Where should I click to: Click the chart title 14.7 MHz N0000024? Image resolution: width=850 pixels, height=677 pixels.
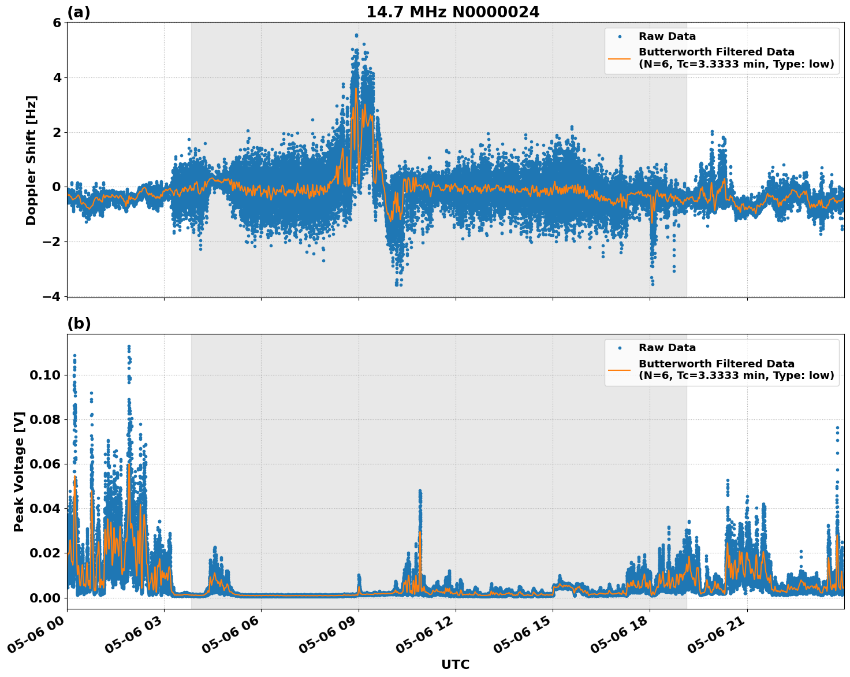pyautogui.click(x=453, y=12)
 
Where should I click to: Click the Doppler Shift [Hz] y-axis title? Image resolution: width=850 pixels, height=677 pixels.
pyautogui.click(x=31, y=160)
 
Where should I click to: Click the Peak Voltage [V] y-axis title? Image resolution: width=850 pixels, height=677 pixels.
pyautogui.click(x=19, y=471)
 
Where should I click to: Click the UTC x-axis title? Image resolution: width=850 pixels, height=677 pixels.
pyautogui.click(x=455, y=665)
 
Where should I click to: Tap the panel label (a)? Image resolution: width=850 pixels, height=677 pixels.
pyautogui.click(x=79, y=12)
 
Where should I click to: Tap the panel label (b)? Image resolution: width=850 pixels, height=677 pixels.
pyautogui.click(x=79, y=323)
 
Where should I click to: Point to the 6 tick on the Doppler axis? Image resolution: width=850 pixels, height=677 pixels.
pyautogui.click(x=57, y=23)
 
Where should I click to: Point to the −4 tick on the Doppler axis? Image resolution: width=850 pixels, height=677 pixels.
pyautogui.click(x=52, y=296)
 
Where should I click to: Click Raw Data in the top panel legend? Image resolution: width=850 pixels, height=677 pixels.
pyautogui.click(x=667, y=36)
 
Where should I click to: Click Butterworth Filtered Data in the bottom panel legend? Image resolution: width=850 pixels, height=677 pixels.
pyautogui.click(x=716, y=364)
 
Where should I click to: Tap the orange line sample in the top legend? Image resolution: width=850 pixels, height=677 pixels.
pyautogui.click(x=620, y=58)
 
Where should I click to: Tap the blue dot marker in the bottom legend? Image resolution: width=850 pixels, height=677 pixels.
pyautogui.click(x=620, y=348)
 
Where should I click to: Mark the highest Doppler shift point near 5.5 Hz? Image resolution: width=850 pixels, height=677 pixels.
pyautogui.click(x=356, y=35)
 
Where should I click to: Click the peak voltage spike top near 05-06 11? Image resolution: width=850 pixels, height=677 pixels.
pyautogui.click(x=420, y=492)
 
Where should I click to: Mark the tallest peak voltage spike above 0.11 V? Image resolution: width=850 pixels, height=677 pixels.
pyautogui.click(x=129, y=347)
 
